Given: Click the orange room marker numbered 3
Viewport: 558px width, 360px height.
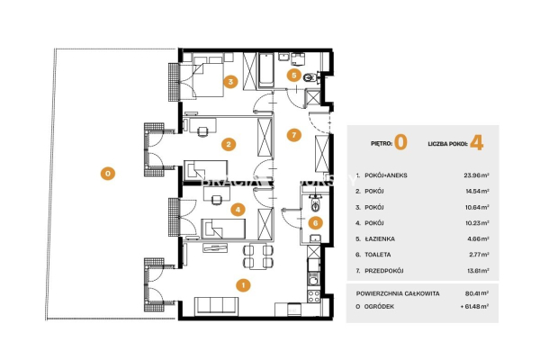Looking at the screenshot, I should [x=230, y=82].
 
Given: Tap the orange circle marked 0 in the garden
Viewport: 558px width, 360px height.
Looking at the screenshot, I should [x=107, y=173].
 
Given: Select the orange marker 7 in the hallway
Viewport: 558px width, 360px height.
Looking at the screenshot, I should [x=292, y=135].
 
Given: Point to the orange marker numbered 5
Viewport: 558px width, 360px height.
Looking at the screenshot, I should [x=293, y=76].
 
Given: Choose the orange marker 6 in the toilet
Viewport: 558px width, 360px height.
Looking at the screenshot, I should [x=314, y=222].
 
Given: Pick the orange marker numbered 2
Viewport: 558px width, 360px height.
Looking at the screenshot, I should [x=229, y=143].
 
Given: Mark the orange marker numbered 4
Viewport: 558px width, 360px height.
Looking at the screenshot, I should [x=237, y=210].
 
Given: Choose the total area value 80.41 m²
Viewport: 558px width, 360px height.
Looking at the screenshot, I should [x=472, y=292].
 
